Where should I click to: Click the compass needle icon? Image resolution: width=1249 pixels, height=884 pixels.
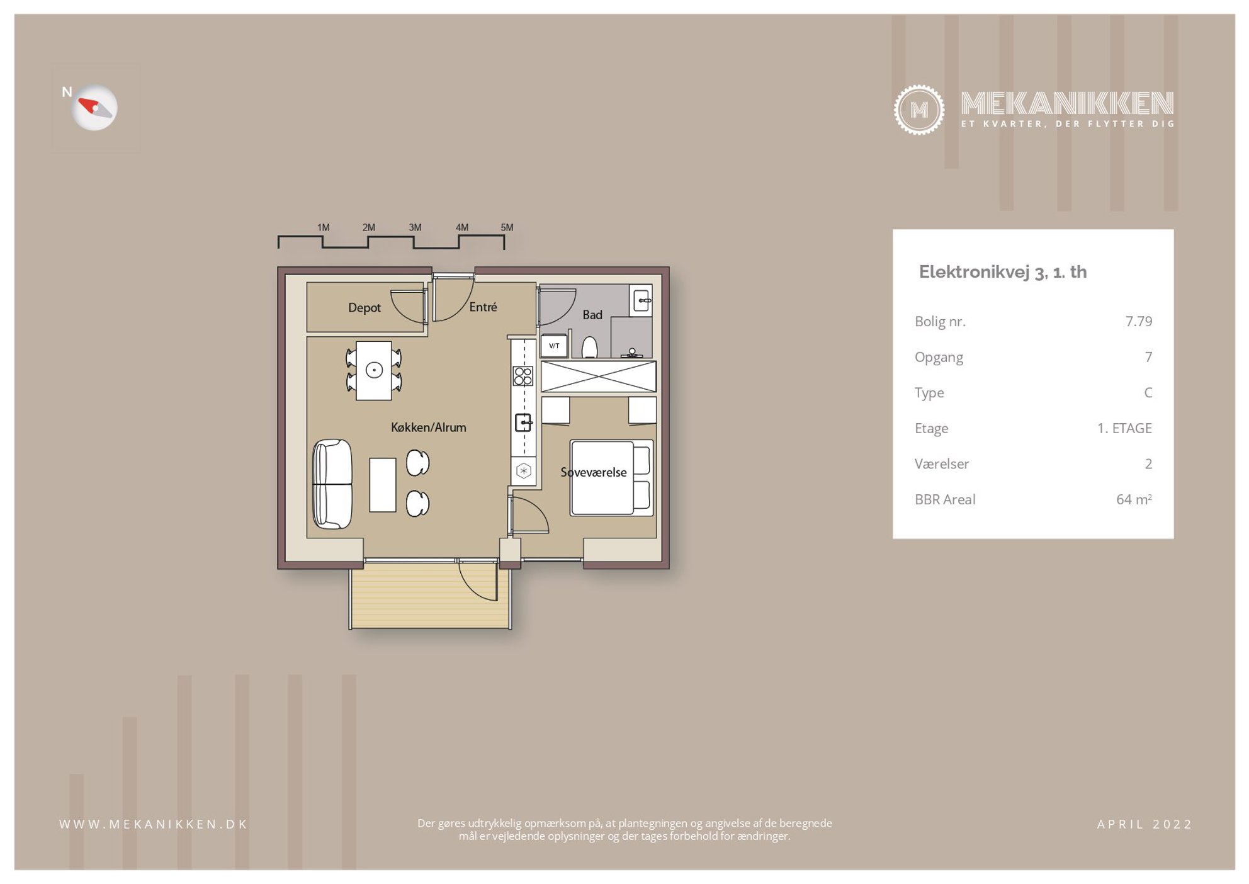(94, 108)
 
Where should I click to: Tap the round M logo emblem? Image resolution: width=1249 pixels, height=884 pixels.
(918, 110)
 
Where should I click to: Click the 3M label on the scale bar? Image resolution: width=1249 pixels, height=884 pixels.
(415, 227)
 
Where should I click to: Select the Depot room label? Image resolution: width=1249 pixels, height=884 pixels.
(365, 308)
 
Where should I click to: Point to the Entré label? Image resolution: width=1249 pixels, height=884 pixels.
(483, 307)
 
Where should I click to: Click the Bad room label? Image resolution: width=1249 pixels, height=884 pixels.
(592, 315)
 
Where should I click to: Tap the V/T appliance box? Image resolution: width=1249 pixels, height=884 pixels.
(554, 346)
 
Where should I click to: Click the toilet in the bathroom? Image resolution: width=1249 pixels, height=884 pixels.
(589, 347)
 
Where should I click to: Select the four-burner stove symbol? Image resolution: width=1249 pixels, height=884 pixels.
(523, 376)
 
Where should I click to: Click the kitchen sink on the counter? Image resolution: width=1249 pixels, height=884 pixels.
(523, 422)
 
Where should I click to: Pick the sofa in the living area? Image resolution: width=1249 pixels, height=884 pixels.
(332, 484)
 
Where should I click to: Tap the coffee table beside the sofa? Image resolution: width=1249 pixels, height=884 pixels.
(383, 485)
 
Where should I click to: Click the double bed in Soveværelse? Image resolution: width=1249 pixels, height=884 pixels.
(611, 478)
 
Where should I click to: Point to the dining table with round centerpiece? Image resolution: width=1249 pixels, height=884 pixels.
(374, 370)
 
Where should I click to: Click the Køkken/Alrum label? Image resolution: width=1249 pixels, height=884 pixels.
(429, 428)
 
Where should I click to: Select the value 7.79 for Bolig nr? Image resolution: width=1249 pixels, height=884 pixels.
(1139, 321)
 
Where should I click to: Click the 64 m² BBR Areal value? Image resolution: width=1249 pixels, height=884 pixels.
(1134, 499)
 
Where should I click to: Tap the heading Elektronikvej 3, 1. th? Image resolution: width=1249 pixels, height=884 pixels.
(1003, 272)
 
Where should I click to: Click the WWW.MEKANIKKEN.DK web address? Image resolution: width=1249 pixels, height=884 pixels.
(154, 824)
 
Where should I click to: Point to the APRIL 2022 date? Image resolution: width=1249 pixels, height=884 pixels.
(1144, 824)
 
